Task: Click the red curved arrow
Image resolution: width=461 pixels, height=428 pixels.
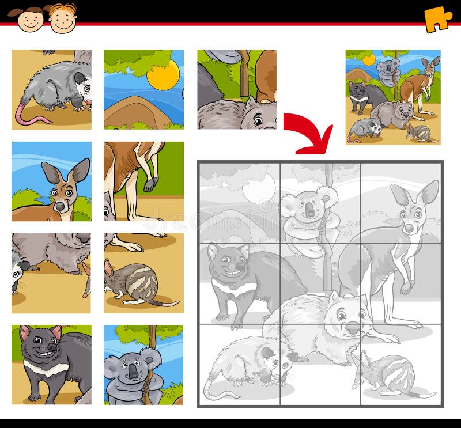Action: point(311,131)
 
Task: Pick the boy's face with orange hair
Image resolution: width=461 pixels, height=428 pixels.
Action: point(62,18)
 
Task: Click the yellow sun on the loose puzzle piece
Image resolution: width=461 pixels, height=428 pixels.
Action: point(163,75)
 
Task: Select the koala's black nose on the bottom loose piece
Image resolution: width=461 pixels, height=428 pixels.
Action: point(134,374)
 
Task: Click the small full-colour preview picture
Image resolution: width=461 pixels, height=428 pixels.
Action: point(393,97)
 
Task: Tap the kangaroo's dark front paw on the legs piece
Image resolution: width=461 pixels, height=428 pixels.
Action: point(149,185)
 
